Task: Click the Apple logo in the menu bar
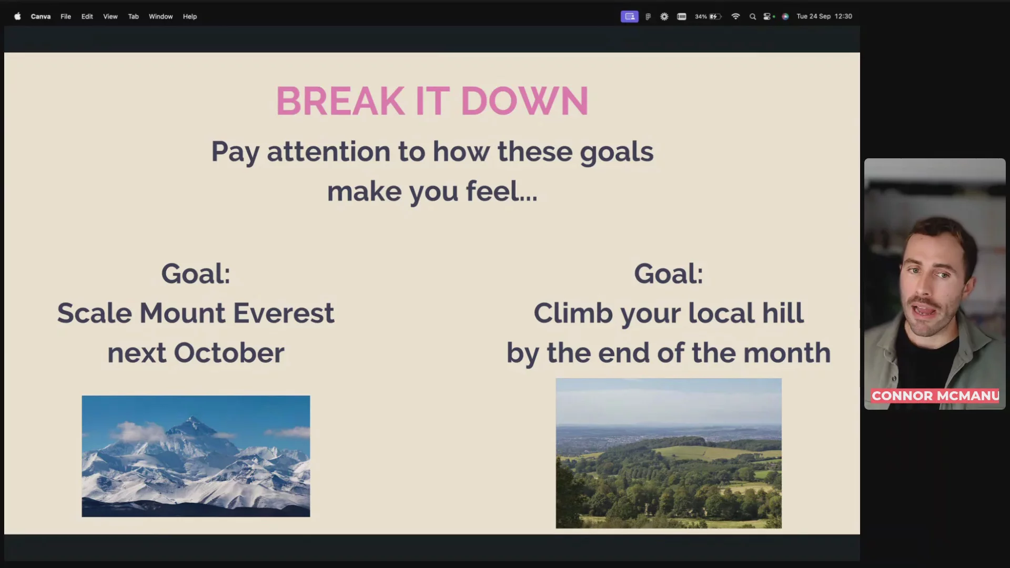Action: pyautogui.click(x=17, y=16)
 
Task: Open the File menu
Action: pyautogui.click(x=66, y=16)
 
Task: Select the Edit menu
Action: pyautogui.click(x=87, y=16)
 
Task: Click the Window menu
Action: pyautogui.click(x=160, y=16)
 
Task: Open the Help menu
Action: pyautogui.click(x=190, y=16)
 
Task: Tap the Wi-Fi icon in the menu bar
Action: pyautogui.click(x=735, y=16)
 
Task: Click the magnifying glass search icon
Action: pyautogui.click(x=753, y=16)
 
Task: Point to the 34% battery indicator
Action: pyautogui.click(x=708, y=16)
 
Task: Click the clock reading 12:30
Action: pyautogui.click(x=843, y=16)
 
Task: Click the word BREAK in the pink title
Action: pyautogui.click(x=340, y=101)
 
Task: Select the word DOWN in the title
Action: pyautogui.click(x=524, y=101)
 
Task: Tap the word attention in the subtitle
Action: pyautogui.click(x=328, y=151)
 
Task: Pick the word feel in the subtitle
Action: pyautogui.click(x=492, y=191)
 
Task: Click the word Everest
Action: pyautogui.click(x=284, y=313)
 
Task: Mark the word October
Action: pyautogui.click(x=229, y=352)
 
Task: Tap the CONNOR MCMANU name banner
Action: pyautogui.click(x=935, y=395)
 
